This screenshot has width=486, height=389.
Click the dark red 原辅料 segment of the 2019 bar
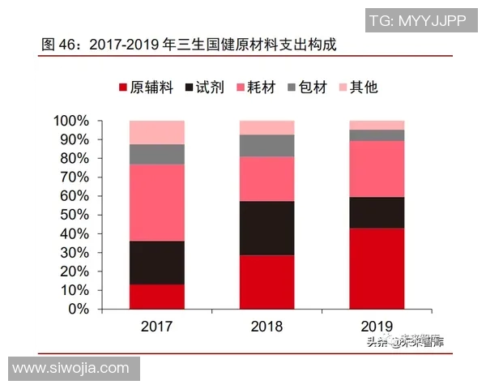pos(377,268)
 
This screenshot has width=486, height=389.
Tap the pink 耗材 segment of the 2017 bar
pos(156,203)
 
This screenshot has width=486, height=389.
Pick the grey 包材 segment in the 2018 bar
pos(266,145)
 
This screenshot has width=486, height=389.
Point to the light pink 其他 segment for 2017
pos(156,132)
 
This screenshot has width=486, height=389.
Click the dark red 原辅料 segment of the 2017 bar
pos(156,297)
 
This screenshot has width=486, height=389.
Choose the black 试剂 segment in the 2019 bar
pos(377,212)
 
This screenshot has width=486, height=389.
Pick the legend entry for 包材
pos(307,87)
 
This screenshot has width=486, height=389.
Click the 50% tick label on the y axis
pos(75,215)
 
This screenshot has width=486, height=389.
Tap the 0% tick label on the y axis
pos(79,309)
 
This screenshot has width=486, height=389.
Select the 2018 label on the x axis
pos(266,327)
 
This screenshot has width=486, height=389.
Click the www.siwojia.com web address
pos(70,368)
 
